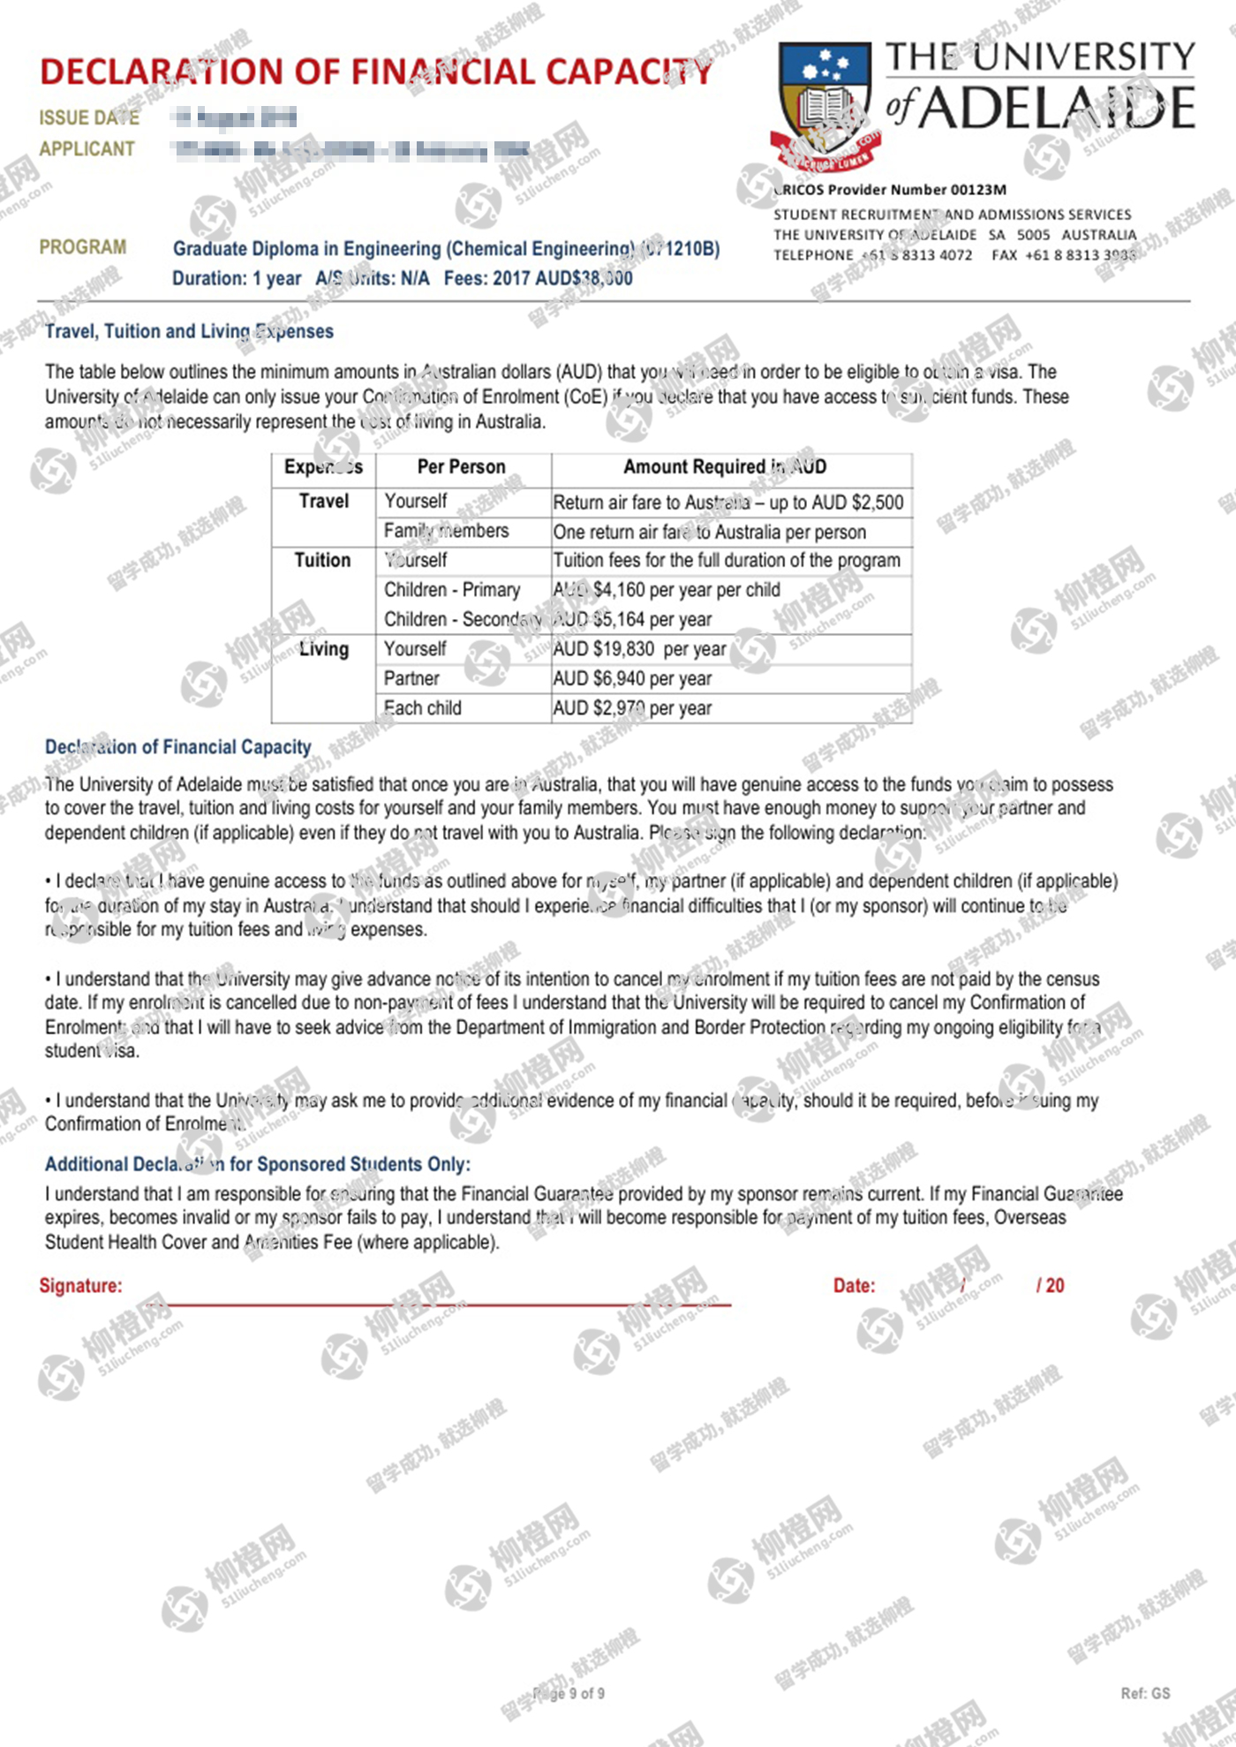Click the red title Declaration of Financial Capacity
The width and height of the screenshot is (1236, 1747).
pyautogui.click(x=376, y=72)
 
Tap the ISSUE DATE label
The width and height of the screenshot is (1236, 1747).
pyautogui.click(x=89, y=117)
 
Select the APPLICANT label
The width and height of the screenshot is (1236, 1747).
pyautogui.click(x=87, y=148)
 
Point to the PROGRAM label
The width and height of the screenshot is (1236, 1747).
pyautogui.click(x=82, y=246)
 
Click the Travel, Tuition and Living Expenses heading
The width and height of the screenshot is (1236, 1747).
pyautogui.click(x=189, y=331)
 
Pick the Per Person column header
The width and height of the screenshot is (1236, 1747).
pyautogui.click(x=461, y=466)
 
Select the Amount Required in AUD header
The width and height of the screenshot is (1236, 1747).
pyautogui.click(x=725, y=466)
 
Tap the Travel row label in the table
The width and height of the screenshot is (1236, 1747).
pyautogui.click(x=324, y=501)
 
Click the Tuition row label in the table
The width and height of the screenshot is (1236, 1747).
pyautogui.click(x=322, y=560)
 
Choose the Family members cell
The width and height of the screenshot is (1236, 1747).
pyautogui.click(x=446, y=531)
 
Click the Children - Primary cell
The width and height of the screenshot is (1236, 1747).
pyautogui.click(x=452, y=589)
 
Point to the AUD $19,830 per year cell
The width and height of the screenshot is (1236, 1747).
pyautogui.click(x=640, y=649)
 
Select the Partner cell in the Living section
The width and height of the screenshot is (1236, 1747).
pyautogui.click(x=411, y=678)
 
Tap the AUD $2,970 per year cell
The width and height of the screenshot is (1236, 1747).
pyautogui.click(x=632, y=708)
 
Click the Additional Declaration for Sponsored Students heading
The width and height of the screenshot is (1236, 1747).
pyautogui.click(x=258, y=1164)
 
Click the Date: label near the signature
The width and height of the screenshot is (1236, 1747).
pyautogui.click(x=854, y=1285)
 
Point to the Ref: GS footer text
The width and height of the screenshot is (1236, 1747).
pyautogui.click(x=1145, y=1693)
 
